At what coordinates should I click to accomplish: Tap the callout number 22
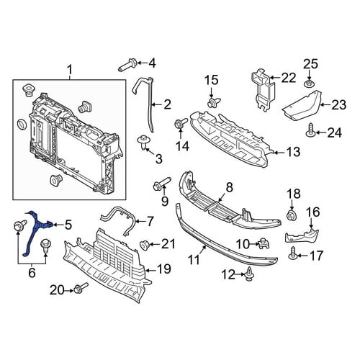[288, 78]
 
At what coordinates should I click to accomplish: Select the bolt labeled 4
[127, 65]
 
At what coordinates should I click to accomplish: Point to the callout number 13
[293, 152]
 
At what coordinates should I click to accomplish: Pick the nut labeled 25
[309, 84]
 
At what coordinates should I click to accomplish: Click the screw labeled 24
[310, 130]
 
